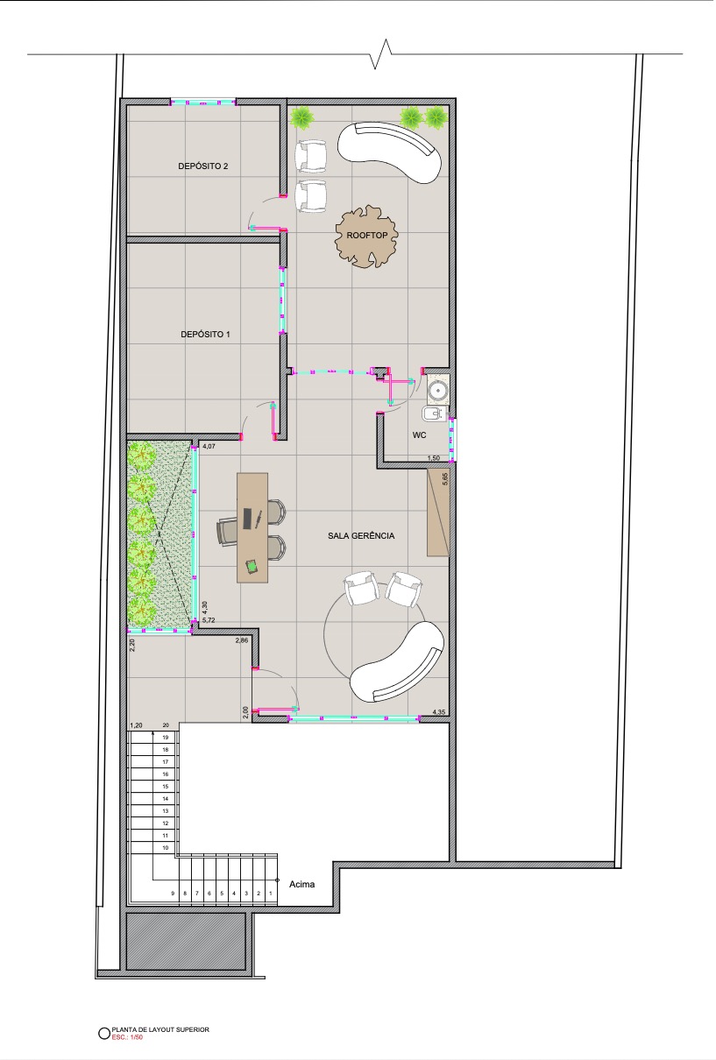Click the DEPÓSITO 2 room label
[202, 166]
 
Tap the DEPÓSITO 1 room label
[205, 334]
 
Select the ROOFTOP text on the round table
[367, 235]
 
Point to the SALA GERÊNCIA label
[361, 535]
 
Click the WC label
[419, 435]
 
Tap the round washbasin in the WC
[437, 391]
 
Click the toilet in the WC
[433, 414]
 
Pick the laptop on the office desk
[247, 518]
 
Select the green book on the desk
[252, 566]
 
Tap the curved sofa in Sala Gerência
[397, 662]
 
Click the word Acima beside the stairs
[301, 884]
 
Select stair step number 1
[271, 894]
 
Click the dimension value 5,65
[444, 479]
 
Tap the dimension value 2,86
[242, 640]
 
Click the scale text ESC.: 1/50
[127, 1037]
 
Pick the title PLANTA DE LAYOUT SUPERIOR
[160, 1029]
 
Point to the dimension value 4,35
[438, 711]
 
